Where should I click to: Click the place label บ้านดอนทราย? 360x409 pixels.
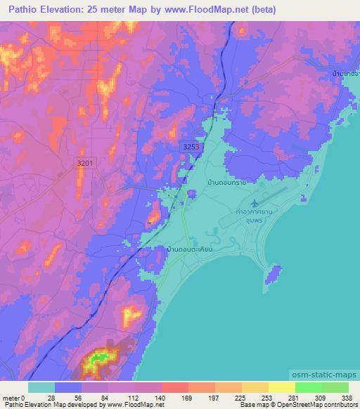pyautogui.click(x=227, y=182)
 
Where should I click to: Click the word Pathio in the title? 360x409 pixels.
pyautogui.click(x=20, y=10)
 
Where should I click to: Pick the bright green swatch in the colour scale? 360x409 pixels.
pyautogui.click(x=308, y=387)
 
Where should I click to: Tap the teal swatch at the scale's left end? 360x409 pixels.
pyautogui.click(x=41, y=387)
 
